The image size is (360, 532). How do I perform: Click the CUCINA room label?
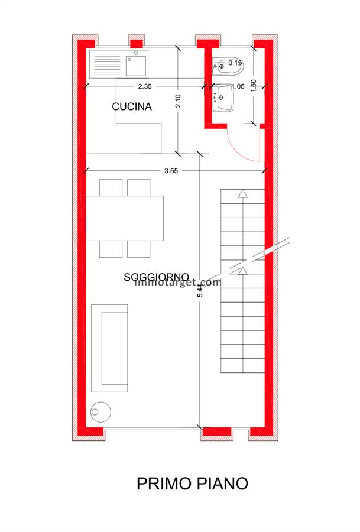132,106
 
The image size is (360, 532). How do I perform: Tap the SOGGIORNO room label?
156,277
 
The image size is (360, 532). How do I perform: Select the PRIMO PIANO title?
192,483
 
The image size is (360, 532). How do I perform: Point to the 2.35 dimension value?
145,86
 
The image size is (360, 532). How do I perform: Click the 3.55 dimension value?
171,171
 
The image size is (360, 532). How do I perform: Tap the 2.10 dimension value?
178,100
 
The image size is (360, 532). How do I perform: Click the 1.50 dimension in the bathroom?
254,86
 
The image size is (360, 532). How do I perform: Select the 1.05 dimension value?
238,86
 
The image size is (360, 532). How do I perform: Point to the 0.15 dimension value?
235,63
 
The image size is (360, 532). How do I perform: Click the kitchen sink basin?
136,66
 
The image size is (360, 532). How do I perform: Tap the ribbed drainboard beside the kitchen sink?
107,66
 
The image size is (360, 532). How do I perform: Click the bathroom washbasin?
223,98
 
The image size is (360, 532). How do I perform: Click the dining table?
125,218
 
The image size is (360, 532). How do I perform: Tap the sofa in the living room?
109,348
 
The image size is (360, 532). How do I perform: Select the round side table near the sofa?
100,412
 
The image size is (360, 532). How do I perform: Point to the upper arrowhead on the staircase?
242,194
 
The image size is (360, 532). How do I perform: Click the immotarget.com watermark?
178,282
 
